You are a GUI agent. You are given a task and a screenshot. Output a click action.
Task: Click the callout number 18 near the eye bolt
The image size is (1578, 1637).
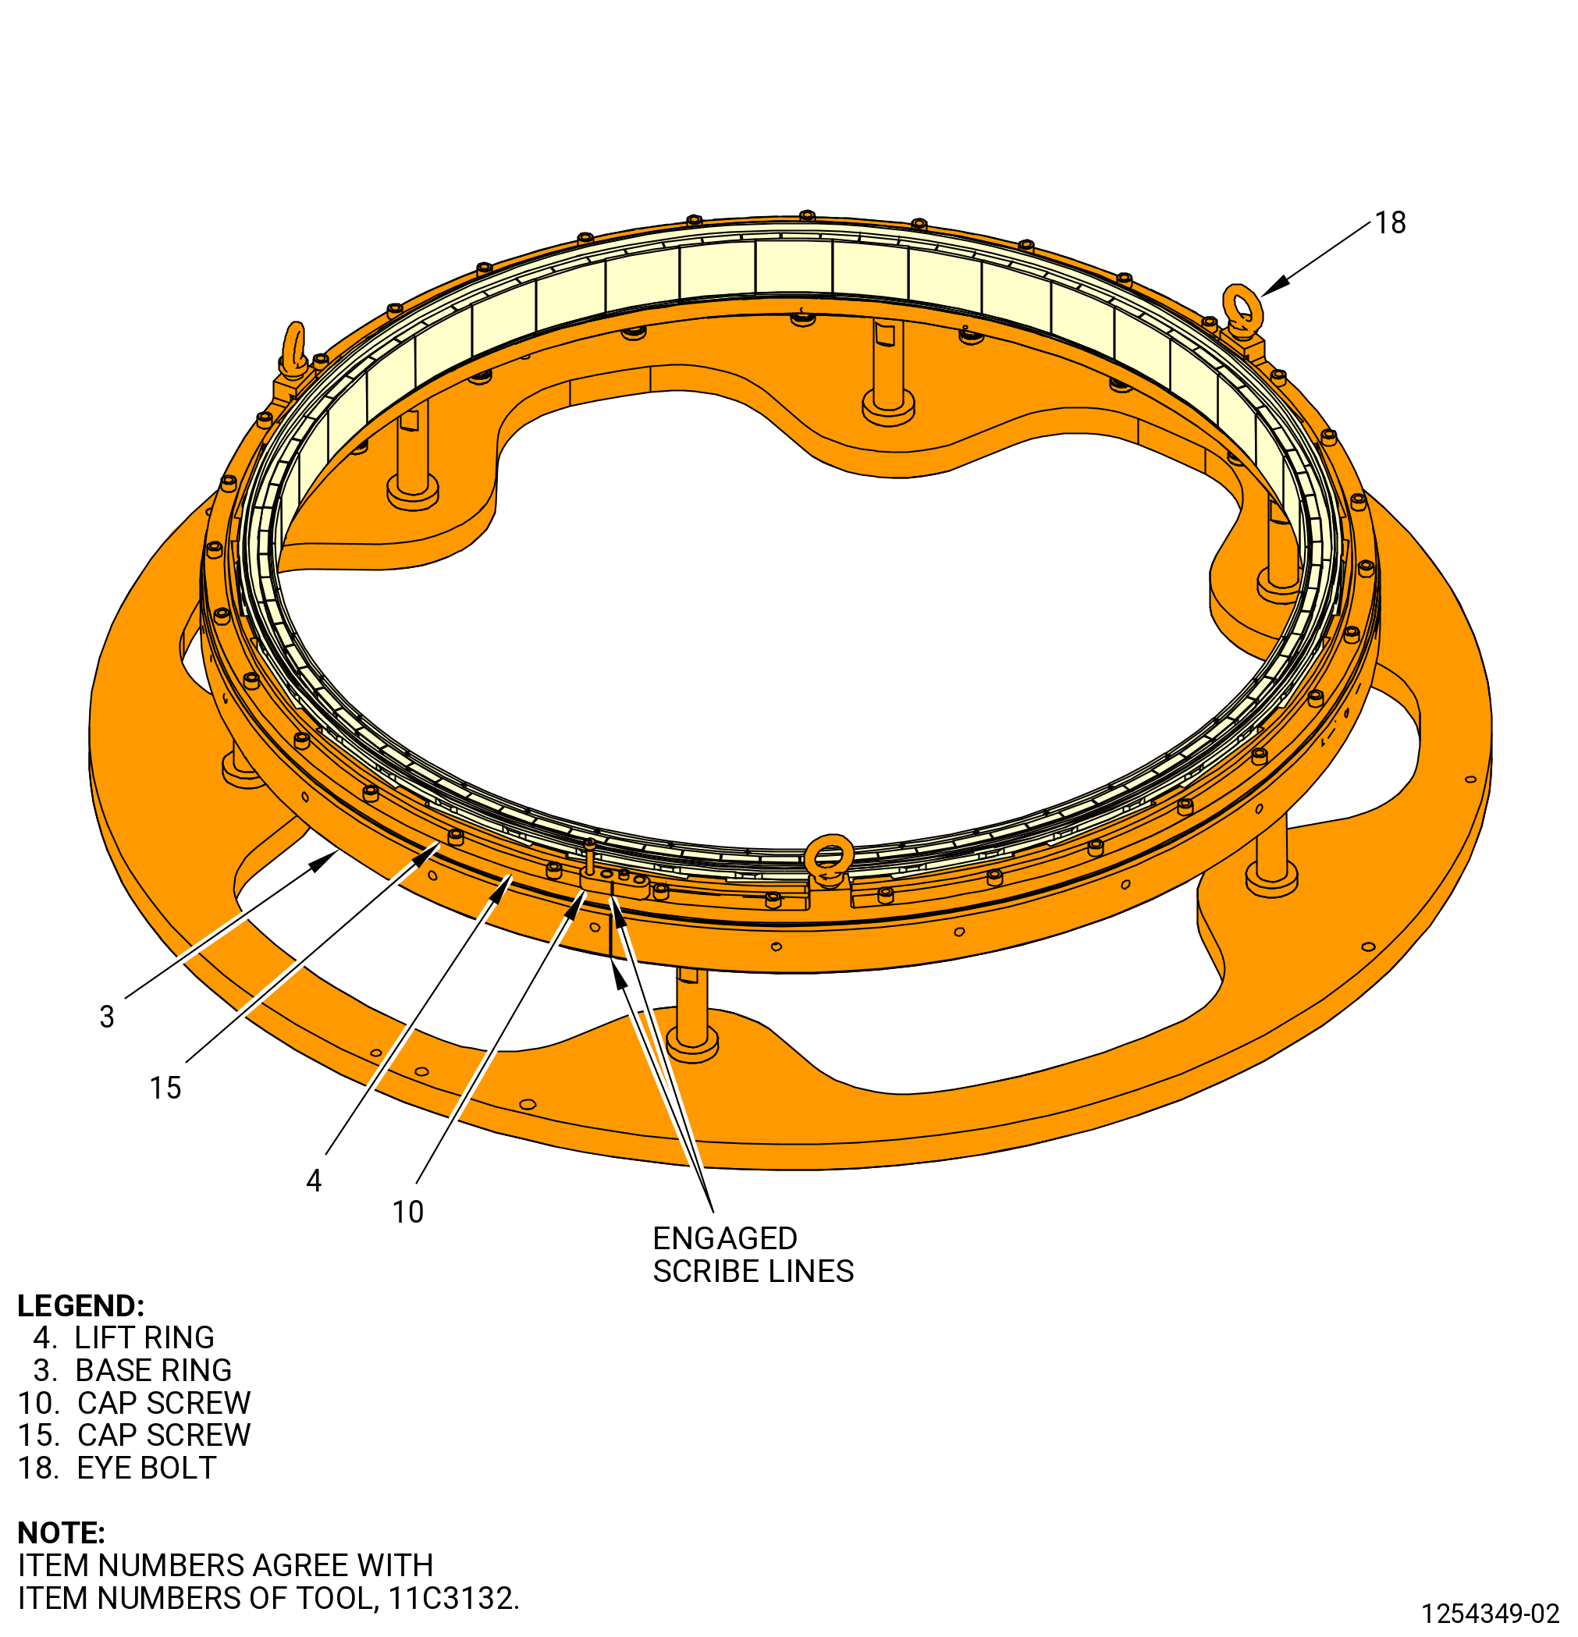[x=1390, y=223]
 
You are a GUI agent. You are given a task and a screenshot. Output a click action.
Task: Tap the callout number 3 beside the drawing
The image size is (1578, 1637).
[x=107, y=1017]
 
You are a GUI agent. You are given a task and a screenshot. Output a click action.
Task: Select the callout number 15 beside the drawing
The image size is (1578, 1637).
[x=165, y=1088]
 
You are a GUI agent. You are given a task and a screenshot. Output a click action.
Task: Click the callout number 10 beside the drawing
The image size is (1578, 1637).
[x=407, y=1212]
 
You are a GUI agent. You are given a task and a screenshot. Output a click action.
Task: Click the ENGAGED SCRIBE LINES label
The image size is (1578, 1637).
[x=752, y=1255]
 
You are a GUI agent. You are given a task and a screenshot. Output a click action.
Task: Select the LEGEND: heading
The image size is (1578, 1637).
[x=81, y=1306]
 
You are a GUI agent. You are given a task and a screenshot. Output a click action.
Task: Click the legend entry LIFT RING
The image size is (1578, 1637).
[x=144, y=1338]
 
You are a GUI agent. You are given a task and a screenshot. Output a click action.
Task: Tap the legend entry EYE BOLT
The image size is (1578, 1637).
[x=147, y=1468]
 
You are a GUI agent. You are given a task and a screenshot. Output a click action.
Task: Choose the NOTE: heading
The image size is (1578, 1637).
[x=61, y=1532]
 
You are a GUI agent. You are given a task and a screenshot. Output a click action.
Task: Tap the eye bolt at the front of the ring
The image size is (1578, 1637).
[x=829, y=861]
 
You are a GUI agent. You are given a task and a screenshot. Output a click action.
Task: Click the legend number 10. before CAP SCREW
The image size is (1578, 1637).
[x=38, y=1403]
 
